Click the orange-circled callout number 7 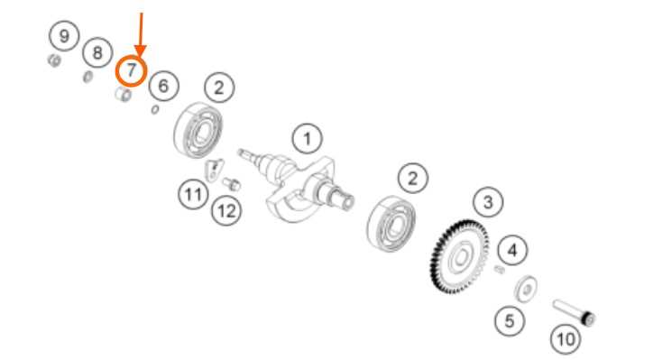point(131,71)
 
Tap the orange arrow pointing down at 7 point(141,35)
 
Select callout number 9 point(64,36)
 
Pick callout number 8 point(97,53)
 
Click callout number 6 point(163,86)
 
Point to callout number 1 point(308,139)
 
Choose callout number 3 point(488,202)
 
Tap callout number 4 point(512,251)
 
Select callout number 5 point(510,321)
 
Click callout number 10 point(566,339)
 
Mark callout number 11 point(193,194)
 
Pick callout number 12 point(226,211)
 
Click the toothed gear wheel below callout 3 point(460,257)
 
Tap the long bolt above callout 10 point(574,312)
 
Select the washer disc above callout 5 point(526,289)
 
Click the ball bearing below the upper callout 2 point(198,131)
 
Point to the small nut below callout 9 point(54,60)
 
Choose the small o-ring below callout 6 point(155,109)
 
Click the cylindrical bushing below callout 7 point(124,94)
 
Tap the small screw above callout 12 point(232,183)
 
